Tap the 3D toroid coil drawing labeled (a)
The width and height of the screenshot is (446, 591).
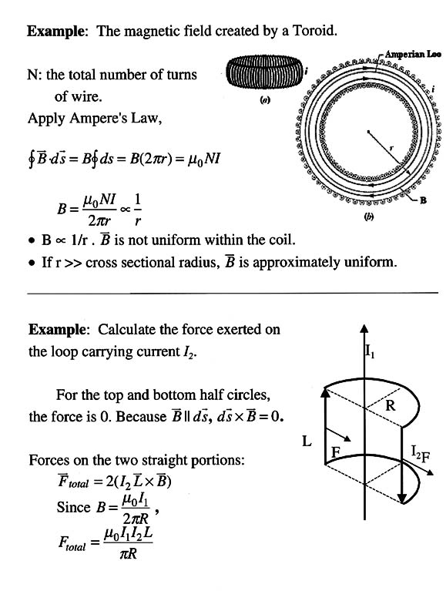tap(266, 72)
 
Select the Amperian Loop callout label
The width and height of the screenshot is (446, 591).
tap(412, 54)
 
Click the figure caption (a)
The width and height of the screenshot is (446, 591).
tap(266, 100)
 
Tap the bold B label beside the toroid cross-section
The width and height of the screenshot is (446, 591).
tap(423, 200)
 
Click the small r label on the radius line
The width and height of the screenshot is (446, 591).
tap(391, 148)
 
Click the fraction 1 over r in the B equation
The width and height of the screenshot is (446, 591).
tap(138, 209)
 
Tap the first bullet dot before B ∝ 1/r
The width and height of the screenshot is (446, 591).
tap(32, 240)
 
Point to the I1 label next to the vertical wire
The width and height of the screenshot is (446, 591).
tap(369, 351)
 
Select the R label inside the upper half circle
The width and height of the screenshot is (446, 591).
tap(391, 405)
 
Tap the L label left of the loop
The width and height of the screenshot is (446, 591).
tap(307, 441)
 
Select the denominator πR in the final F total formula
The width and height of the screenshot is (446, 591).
tap(128, 554)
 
